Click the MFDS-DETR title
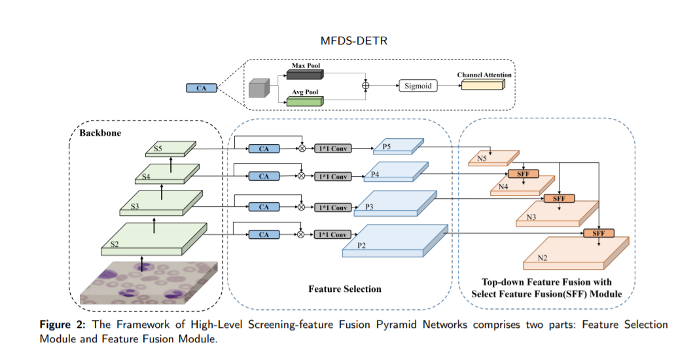[347, 41]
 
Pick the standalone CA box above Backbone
[202, 88]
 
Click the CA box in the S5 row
[264, 149]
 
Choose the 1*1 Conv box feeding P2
[332, 234]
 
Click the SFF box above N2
[599, 233]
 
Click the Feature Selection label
[345, 289]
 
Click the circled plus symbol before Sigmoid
[365, 86]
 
